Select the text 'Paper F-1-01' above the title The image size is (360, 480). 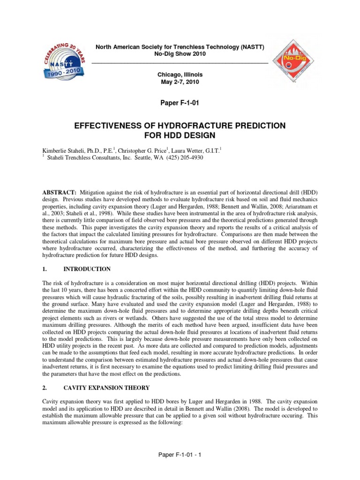180,103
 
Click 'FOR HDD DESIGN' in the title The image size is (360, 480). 180,136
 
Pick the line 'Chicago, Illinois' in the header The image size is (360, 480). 180,75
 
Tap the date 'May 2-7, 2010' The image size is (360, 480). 180,82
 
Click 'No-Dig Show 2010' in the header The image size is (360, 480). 180,54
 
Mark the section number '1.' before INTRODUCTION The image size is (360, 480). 45,269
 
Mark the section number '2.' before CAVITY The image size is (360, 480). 45,388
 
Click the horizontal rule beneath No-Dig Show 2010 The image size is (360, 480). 180,62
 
